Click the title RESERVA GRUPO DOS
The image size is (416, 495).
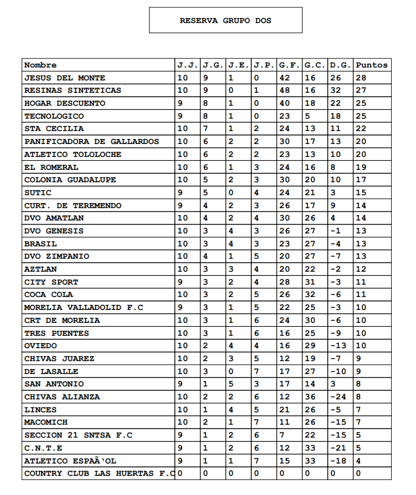point(225,20)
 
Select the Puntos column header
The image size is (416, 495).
point(372,65)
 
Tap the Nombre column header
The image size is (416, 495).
point(40,65)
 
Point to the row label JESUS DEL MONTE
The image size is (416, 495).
point(65,78)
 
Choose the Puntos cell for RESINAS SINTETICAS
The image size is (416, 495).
point(362,91)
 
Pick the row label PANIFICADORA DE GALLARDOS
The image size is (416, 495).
point(92,142)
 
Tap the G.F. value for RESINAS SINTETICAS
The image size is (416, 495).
point(285,91)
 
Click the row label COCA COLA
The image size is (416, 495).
point(48,295)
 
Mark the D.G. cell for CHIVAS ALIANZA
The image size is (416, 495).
point(339,397)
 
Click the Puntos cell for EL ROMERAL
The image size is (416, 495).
point(362,167)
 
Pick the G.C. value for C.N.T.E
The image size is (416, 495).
point(310,448)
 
